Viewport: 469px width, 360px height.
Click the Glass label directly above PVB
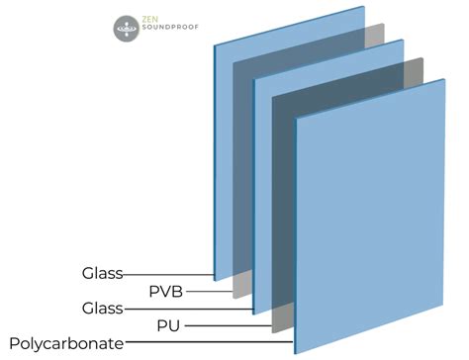click(102, 273)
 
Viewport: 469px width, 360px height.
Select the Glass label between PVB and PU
click(102, 309)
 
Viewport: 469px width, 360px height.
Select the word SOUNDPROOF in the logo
click(172, 35)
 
